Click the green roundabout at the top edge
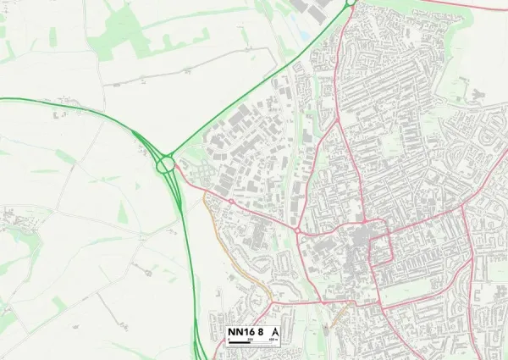click(350, 3)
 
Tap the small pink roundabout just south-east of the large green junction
click(230, 201)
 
